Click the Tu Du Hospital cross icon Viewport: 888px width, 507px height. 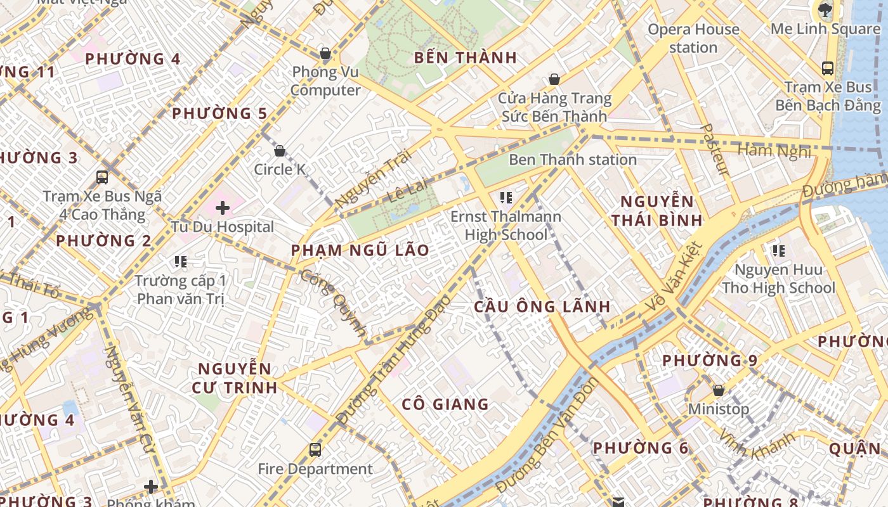(223, 207)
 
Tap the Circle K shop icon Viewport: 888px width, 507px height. (280, 151)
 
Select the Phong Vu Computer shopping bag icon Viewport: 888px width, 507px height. (325, 53)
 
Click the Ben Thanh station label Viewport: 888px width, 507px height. (573, 160)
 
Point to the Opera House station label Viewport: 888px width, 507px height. (693, 38)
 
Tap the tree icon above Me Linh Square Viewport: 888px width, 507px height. (825, 10)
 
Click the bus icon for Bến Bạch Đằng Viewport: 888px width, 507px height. (827, 68)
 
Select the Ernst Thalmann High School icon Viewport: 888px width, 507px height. (506, 198)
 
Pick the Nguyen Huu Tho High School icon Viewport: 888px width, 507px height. (779, 251)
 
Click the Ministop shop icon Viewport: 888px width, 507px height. (719, 390)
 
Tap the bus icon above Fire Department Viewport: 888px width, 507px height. (315, 450)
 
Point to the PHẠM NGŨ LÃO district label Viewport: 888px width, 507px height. (360, 250)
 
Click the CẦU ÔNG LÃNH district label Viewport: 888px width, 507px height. (542, 307)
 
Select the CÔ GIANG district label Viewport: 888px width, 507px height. (445, 404)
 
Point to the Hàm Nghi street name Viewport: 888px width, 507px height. (774, 151)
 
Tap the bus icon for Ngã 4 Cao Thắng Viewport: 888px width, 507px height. (102, 177)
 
